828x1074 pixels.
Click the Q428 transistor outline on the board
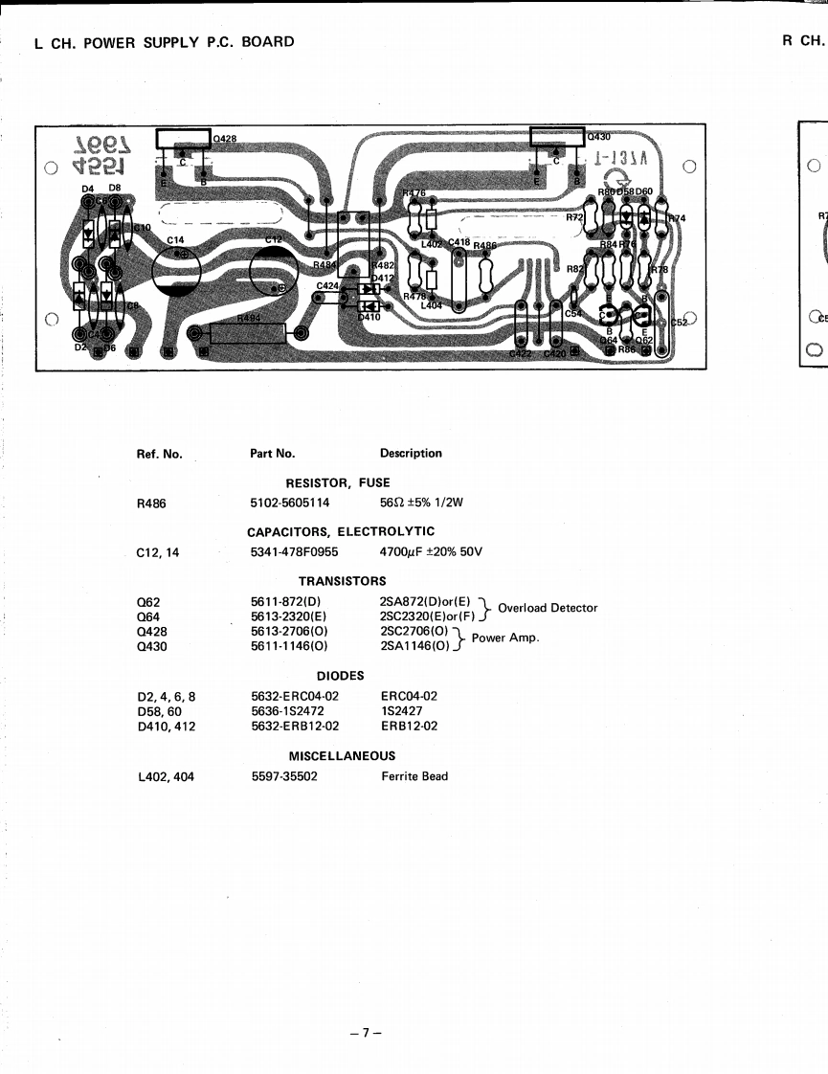point(183,139)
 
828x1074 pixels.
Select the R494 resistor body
point(248,333)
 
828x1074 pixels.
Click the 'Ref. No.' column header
point(160,454)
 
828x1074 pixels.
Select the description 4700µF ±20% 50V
point(431,551)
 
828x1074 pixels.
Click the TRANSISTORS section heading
point(342,581)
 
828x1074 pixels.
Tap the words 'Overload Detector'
point(548,608)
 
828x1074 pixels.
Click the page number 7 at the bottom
point(365,1033)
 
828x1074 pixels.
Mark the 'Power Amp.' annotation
point(505,638)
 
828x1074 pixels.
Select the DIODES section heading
point(341,676)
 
